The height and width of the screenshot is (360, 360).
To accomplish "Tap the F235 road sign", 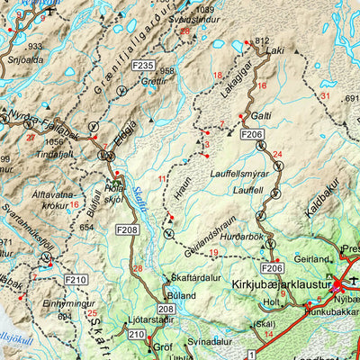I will click(142, 66).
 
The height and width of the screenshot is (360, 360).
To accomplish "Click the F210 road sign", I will click(76, 281).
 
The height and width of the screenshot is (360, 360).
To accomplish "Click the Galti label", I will click(261, 116).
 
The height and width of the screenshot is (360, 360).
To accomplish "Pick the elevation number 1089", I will click(206, 9).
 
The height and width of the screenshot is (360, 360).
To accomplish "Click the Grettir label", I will click(154, 80).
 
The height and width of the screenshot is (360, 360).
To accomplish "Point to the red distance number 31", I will click(326, 95).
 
